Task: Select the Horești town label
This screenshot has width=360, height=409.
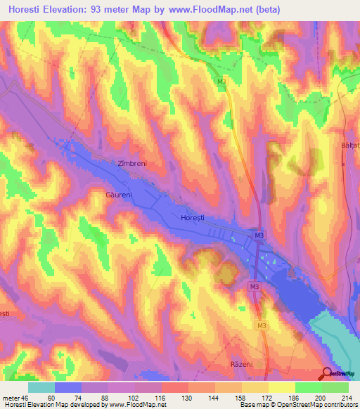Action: point(195,218)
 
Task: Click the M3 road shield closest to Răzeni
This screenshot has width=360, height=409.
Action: point(262,325)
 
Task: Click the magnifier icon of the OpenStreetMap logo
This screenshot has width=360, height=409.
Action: point(328,373)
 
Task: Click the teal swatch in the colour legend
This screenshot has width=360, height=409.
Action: point(41,387)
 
